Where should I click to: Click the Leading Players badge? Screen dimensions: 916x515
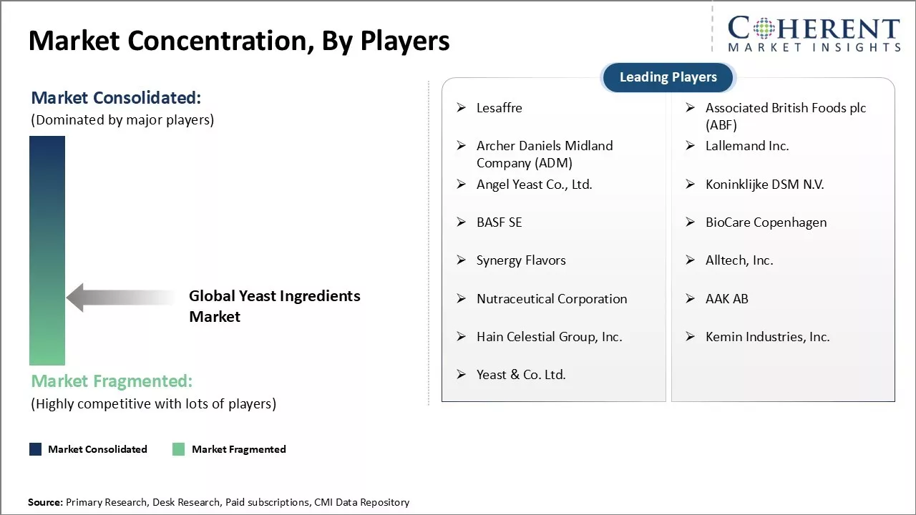click(668, 77)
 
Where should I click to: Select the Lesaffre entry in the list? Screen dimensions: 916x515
click(500, 108)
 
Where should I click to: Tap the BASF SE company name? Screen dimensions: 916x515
click(500, 222)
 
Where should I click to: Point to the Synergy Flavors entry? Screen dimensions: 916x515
click(521, 260)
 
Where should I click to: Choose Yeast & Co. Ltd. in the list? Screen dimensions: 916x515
click(521, 374)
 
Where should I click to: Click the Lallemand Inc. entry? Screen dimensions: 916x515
click(747, 146)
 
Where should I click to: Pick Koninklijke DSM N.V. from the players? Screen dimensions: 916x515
click(765, 185)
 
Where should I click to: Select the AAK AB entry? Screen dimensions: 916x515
click(726, 299)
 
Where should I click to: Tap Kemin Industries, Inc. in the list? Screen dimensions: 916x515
click(768, 337)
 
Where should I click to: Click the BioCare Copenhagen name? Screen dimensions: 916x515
click(766, 222)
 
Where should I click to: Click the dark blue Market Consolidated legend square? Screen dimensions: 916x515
click(36, 449)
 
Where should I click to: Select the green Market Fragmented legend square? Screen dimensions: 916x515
click(179, 449)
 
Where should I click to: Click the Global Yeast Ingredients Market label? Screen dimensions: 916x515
click(274, 306)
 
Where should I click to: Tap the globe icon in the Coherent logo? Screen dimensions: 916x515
click(764, 28)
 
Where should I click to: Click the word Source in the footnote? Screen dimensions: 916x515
click(44, 502)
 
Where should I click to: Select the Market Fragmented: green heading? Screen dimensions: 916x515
click(112, 381)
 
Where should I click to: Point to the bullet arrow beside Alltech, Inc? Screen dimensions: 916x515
click(691, 260)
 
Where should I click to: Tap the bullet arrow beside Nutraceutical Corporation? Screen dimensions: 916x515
click(462, 299)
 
